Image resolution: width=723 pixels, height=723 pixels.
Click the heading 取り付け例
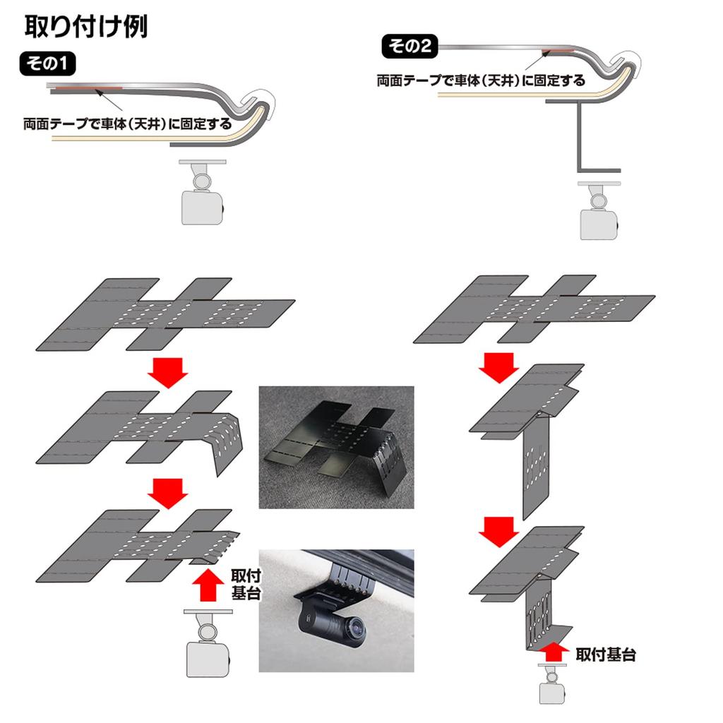click(x=85, y=26)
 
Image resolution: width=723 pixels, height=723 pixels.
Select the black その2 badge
click(x=410, y=47)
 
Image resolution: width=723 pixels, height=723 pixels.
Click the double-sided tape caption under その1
click(x=127, y=124)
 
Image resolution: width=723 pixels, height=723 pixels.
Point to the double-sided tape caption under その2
click(x=481, y=80)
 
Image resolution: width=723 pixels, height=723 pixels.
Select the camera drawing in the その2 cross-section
click(x=599, y=215)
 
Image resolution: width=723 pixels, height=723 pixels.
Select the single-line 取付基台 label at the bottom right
click(x=605, y=655)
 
